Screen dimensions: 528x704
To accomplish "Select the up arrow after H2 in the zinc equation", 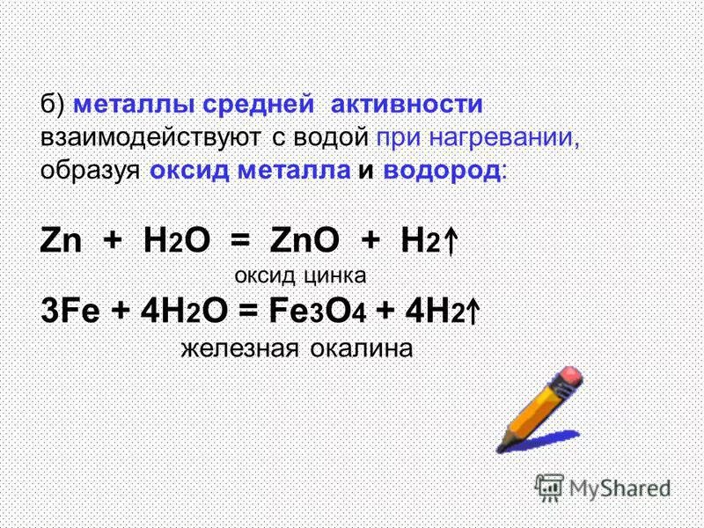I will [451, 241].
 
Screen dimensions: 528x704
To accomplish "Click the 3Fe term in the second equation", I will [71, 312].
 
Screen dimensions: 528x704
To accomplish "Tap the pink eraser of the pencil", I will [569, 377].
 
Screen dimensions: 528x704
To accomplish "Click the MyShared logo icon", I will [550, 487].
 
